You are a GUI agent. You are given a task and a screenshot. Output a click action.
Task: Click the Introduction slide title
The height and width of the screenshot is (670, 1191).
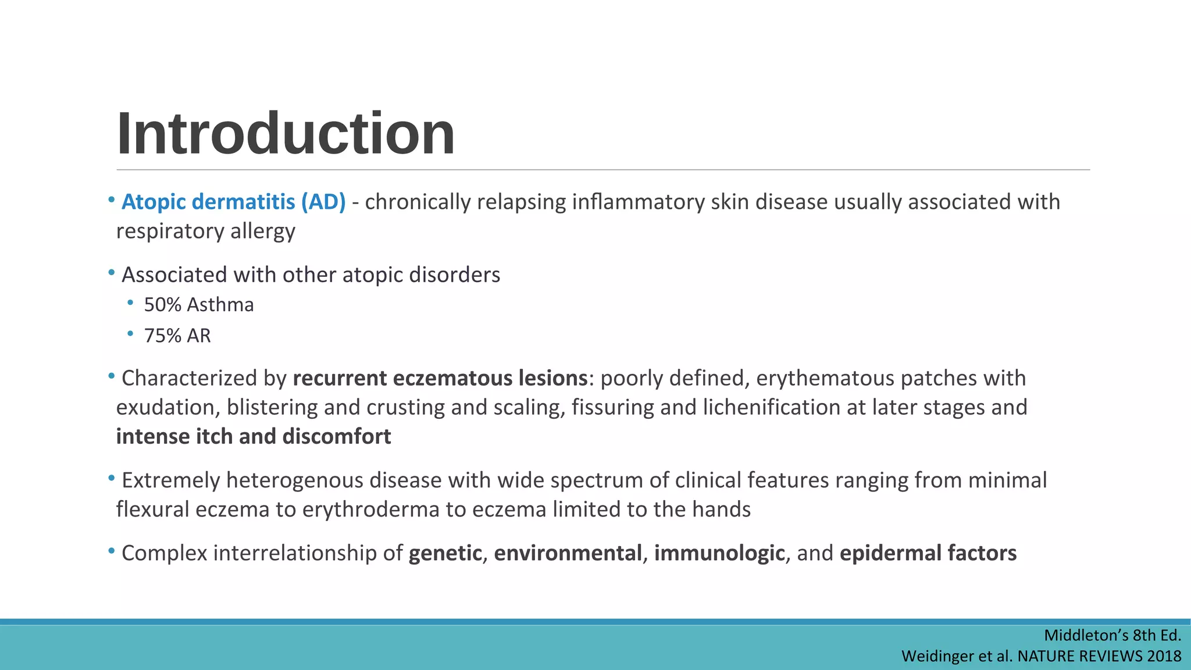click(x=285, y=134)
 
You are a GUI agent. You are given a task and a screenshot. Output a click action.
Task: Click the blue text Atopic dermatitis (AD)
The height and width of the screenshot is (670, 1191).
click(x=233, y=202)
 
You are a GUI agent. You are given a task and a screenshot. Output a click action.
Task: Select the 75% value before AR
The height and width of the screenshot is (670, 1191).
click(x=162, y=336)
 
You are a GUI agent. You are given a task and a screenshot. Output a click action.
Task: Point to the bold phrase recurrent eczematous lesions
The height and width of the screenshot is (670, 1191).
click(x=440, y=378)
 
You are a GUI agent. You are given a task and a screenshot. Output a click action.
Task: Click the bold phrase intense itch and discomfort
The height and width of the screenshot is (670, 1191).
click(x=254, y=436)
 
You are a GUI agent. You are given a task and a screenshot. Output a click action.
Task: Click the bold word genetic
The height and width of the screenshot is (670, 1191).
click(x=445, y=553)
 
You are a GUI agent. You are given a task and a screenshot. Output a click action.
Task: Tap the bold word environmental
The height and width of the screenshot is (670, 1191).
click(x=568, y=553)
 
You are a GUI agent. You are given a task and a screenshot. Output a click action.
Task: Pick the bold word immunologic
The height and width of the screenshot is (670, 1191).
click(x=719, y=553)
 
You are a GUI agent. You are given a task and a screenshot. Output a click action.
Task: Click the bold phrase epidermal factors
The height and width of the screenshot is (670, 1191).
click(x=928, y=553)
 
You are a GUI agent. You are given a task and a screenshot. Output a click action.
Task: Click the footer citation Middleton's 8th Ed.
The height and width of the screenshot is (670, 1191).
click(x=1112, y=635)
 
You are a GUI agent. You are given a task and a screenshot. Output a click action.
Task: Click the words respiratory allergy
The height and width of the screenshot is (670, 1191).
click(x=205, y=231)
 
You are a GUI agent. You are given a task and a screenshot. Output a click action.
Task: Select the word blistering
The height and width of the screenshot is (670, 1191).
click(x=272, y=407)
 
